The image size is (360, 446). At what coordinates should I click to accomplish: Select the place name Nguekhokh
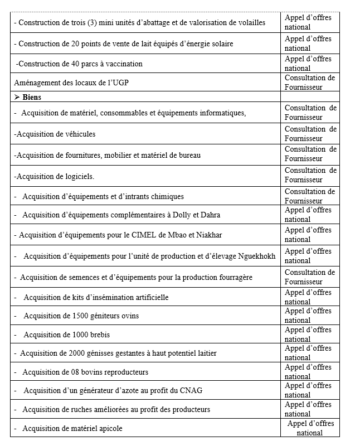[255, 256]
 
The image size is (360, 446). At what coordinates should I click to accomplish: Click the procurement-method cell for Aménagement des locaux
[310, 83]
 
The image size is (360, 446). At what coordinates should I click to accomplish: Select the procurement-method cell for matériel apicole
[310, 428]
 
